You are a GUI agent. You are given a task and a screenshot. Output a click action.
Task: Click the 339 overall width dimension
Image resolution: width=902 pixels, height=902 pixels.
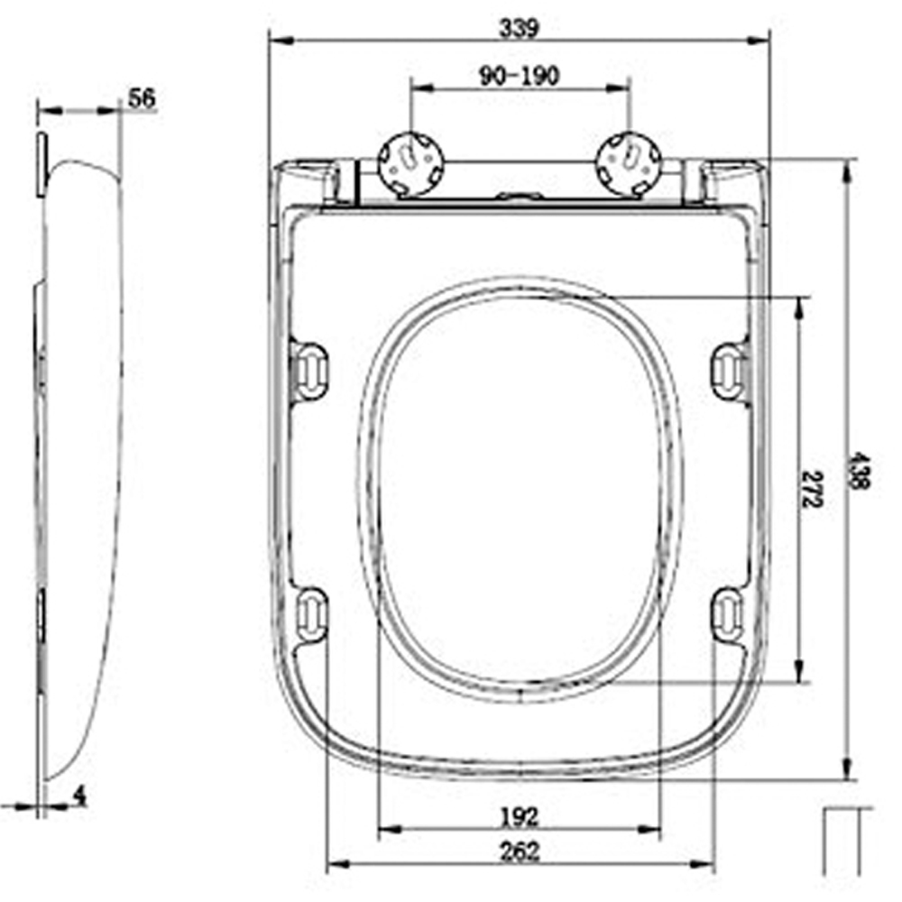point(519,28)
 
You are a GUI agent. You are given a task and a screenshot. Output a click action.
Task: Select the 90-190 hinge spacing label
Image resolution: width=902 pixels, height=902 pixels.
point(519,77)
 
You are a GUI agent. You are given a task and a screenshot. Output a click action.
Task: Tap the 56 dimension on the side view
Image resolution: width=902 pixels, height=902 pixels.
point(141,98)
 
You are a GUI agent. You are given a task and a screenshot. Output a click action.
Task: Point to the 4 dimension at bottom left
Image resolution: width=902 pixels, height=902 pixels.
point(79,796)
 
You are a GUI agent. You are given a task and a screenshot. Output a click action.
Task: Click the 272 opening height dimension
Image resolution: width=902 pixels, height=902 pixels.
point(812,488)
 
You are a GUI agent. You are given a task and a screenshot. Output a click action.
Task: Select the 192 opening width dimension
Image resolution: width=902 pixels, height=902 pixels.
point(519,817)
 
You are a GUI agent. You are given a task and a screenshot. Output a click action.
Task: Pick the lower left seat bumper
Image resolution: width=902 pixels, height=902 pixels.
point(311,614)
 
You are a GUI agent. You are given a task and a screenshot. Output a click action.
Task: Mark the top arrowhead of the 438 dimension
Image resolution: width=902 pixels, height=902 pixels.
point(846,170)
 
